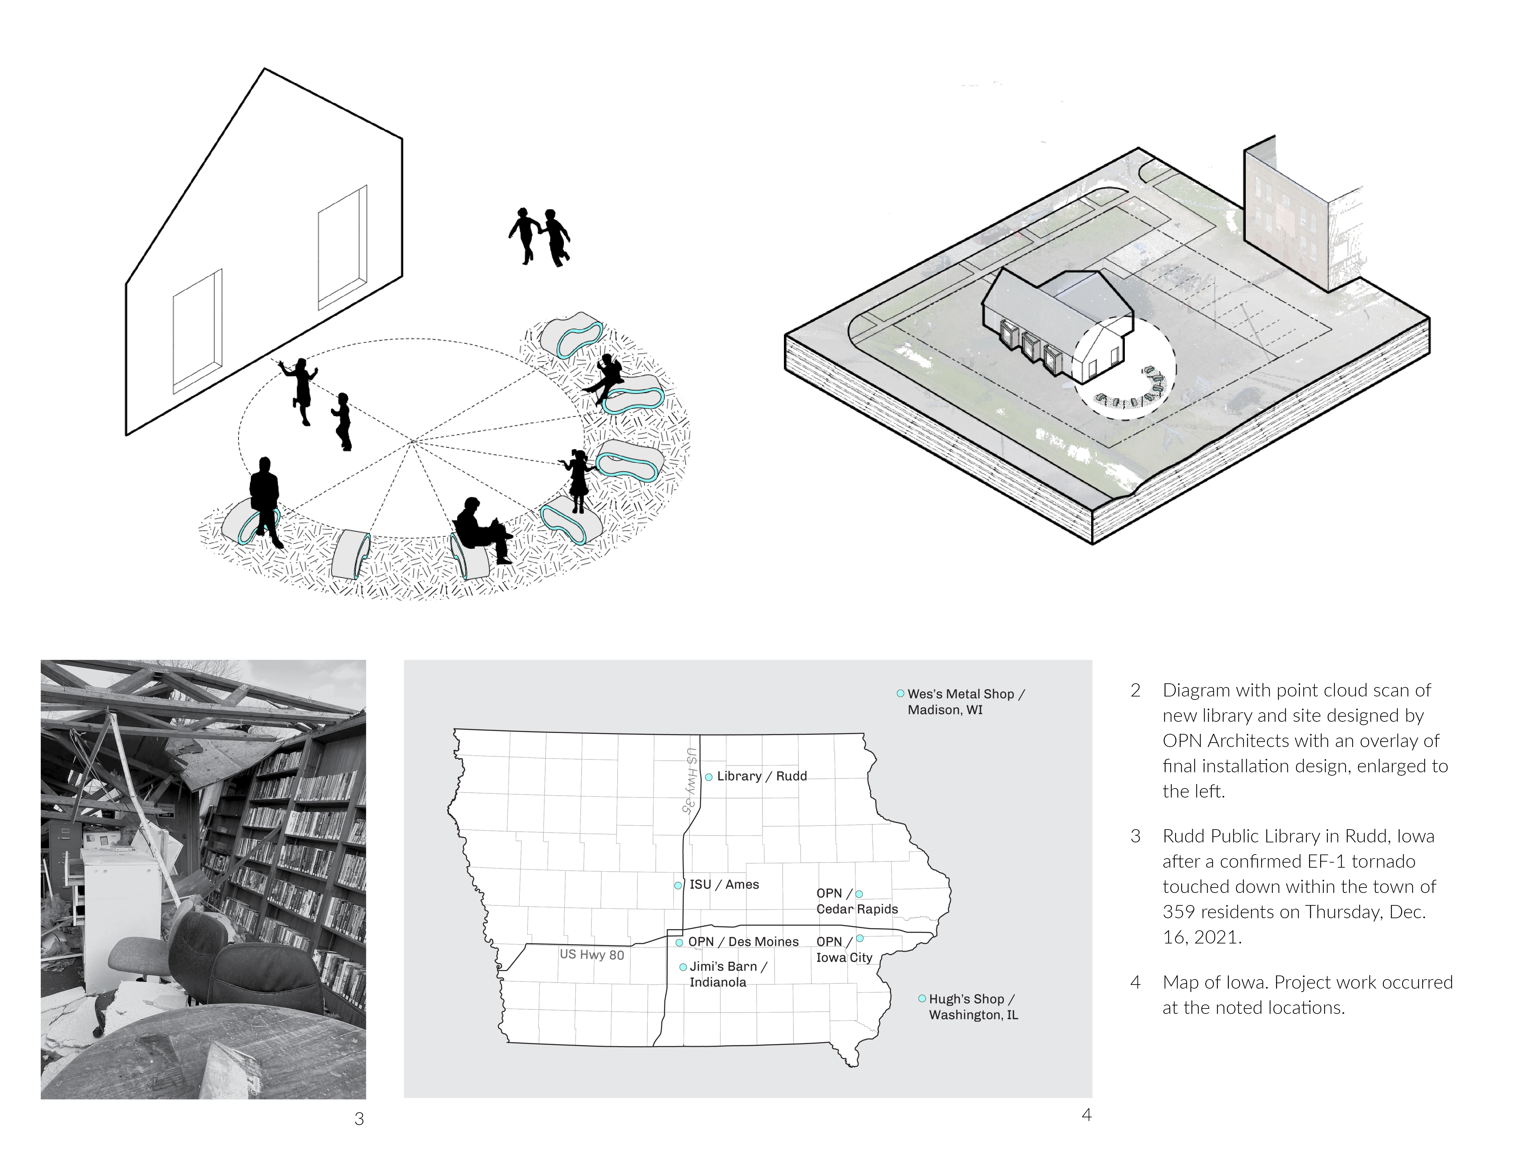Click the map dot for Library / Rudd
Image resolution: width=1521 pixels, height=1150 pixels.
click(x=708, y=777)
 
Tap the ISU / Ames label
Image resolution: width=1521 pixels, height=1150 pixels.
click(x=724, y=884)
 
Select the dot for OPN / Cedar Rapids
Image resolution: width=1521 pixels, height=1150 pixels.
click(x=859, y=894)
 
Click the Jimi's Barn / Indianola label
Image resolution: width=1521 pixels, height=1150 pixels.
click(x=728, y=974)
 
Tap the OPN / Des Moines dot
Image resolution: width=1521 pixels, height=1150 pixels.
click(x=679, y=942)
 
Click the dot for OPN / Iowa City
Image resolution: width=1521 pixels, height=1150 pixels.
click(x=859, y=938)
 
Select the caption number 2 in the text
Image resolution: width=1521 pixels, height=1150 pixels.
click(x=1135, y=690)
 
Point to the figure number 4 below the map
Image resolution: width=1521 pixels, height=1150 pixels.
click(x=1086, y=1114)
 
